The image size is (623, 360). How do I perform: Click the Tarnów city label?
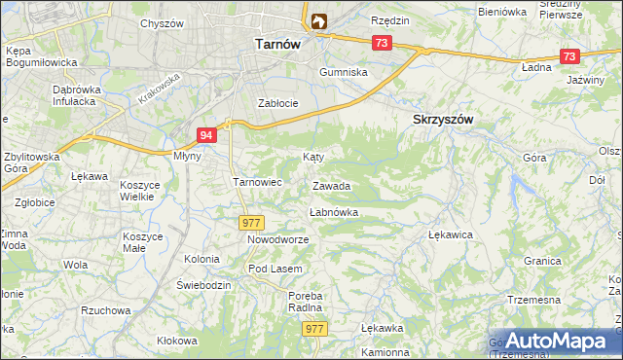pos(276,44)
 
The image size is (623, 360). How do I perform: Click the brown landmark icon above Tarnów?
pos(319,20)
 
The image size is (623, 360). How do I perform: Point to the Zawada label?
pos(331,186)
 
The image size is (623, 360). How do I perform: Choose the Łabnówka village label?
pos(334,211)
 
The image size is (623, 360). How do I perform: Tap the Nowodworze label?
pos(277,239)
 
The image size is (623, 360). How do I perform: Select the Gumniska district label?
pos(345,73)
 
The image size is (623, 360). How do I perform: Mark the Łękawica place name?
pos(450,234)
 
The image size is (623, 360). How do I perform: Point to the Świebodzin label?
pos(203,285)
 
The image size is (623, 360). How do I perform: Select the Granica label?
pos(542,261)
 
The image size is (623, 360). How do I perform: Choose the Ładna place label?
pos(536,68)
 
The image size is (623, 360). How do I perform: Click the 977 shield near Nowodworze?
pos(251,223)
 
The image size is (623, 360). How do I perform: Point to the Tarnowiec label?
pos(257,181)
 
